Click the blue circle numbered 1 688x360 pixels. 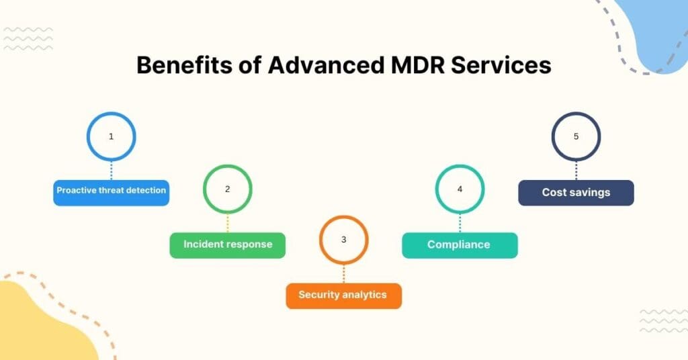point(111,136)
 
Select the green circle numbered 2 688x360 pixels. point(227,189)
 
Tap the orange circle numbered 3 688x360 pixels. point(343,240)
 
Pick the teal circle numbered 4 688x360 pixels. point(460,189)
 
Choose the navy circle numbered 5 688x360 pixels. point(576,136)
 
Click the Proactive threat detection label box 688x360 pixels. point(111,191)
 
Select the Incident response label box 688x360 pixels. point(227,245)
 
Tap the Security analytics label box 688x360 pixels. point(343,296)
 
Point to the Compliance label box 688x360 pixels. point(460,245)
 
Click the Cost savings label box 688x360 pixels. point(576,193)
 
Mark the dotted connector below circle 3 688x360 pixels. point(343,273)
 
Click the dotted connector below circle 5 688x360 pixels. point(576,171)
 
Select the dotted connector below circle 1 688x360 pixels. point(111,171)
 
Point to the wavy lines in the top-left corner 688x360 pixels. point(28,39)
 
